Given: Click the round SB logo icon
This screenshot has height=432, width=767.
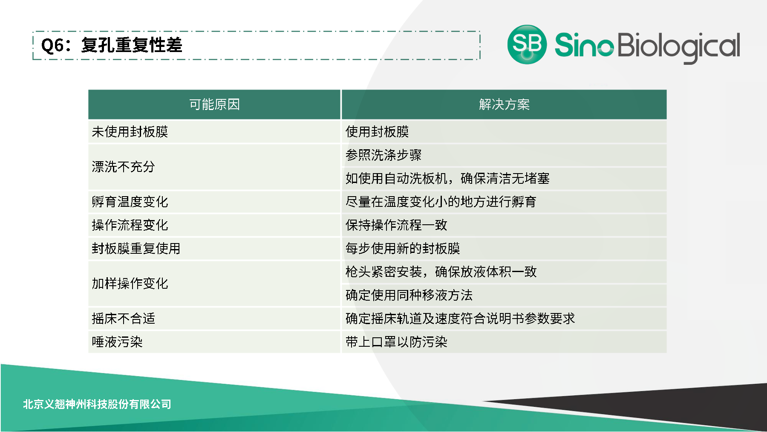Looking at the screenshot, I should tap(527, 44).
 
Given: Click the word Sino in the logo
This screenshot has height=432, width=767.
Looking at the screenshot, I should tap(584, 45).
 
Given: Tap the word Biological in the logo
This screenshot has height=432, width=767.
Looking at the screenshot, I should tap(678, 46).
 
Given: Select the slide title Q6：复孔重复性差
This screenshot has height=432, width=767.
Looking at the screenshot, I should tap(112, 45).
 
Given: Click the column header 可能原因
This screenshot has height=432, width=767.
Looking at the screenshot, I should tap(214, 104).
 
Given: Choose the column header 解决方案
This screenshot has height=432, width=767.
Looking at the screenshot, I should tap(504, 104).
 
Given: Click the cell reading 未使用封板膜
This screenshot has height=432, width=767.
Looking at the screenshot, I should tap(130, 132).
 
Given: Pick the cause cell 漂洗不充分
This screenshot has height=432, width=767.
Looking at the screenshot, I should tap(123, 167).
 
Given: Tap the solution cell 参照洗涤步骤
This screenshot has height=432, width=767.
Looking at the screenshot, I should tap(383, 155).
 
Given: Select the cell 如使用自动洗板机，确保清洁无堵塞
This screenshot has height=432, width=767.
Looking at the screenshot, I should tap(447, 178).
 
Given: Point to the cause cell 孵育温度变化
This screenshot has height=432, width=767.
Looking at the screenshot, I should tap(130, 202).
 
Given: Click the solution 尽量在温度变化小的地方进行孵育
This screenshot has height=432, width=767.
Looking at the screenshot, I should tap(441, 202).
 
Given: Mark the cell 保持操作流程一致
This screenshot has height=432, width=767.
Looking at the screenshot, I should tap(396, 225).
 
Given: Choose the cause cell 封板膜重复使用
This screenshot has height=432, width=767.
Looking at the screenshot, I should tap(136, 248).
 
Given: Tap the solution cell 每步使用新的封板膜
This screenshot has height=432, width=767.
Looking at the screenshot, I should tap(403, 248).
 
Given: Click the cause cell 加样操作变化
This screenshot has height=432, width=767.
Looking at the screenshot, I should tap(130, 284).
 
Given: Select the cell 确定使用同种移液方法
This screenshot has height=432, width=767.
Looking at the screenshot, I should tap(409, 295).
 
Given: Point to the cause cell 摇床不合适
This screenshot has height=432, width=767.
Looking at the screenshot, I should tap(123, 319).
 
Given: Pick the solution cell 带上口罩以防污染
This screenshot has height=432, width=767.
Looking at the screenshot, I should tap(396, 342).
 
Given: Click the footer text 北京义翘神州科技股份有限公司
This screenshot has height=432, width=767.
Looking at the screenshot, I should tap(97, 404).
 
